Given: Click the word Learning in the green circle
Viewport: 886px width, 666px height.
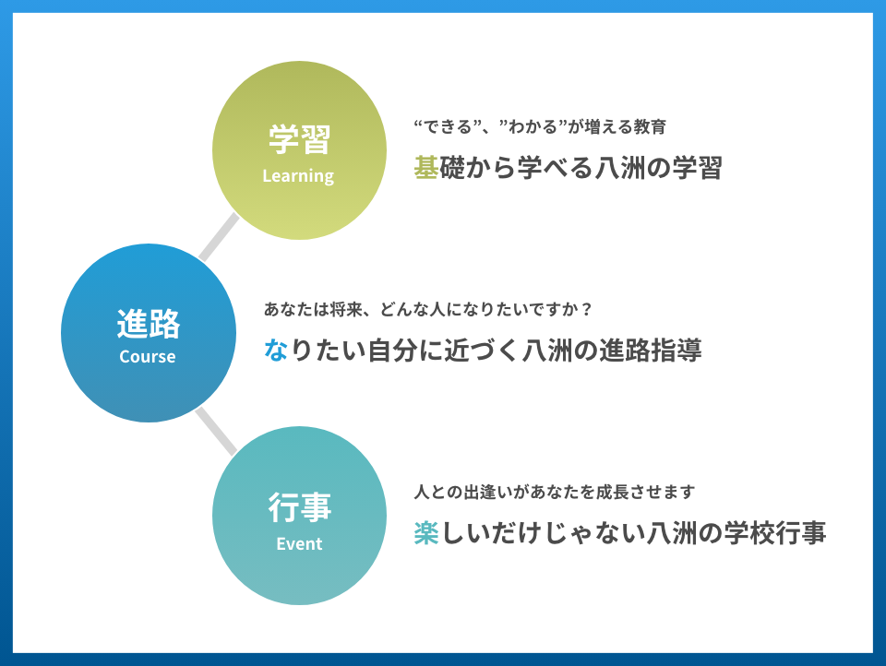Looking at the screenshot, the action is coord(298,176).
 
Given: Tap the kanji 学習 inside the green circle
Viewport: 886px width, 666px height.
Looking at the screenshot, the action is coord(299,139).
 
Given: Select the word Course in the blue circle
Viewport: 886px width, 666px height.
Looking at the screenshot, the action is coord(148,356).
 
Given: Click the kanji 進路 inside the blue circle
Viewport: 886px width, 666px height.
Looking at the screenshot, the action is coord(149,324).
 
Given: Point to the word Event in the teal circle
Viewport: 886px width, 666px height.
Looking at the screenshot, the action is coord(299,543).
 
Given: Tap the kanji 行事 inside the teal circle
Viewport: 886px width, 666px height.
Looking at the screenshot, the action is coord(299,506).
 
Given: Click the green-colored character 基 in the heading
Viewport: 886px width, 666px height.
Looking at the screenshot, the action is coord(426,167).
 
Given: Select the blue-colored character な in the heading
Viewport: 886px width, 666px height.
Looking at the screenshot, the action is coord(276,350).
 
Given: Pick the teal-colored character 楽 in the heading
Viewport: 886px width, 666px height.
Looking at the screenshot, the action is coord(426,532).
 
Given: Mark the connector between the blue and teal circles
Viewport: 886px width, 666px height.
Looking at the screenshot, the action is coord(216,431).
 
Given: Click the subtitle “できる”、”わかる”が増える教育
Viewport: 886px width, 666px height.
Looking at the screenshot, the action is coord(540,126).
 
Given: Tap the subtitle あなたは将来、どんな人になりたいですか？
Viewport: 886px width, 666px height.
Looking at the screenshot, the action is coord(427,310).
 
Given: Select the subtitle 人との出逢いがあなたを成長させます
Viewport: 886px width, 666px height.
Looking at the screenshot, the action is coord(555,492).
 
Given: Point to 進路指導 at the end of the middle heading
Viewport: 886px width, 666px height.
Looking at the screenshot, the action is coord(651,351).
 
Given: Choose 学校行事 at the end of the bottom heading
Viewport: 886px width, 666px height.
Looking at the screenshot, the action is coord(776,532).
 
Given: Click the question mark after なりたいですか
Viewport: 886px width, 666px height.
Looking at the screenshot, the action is coord(587,310).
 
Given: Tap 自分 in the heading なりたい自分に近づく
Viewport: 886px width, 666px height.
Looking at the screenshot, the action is coord(393,351).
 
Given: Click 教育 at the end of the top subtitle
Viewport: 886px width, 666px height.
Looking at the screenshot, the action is coord(651,126).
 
